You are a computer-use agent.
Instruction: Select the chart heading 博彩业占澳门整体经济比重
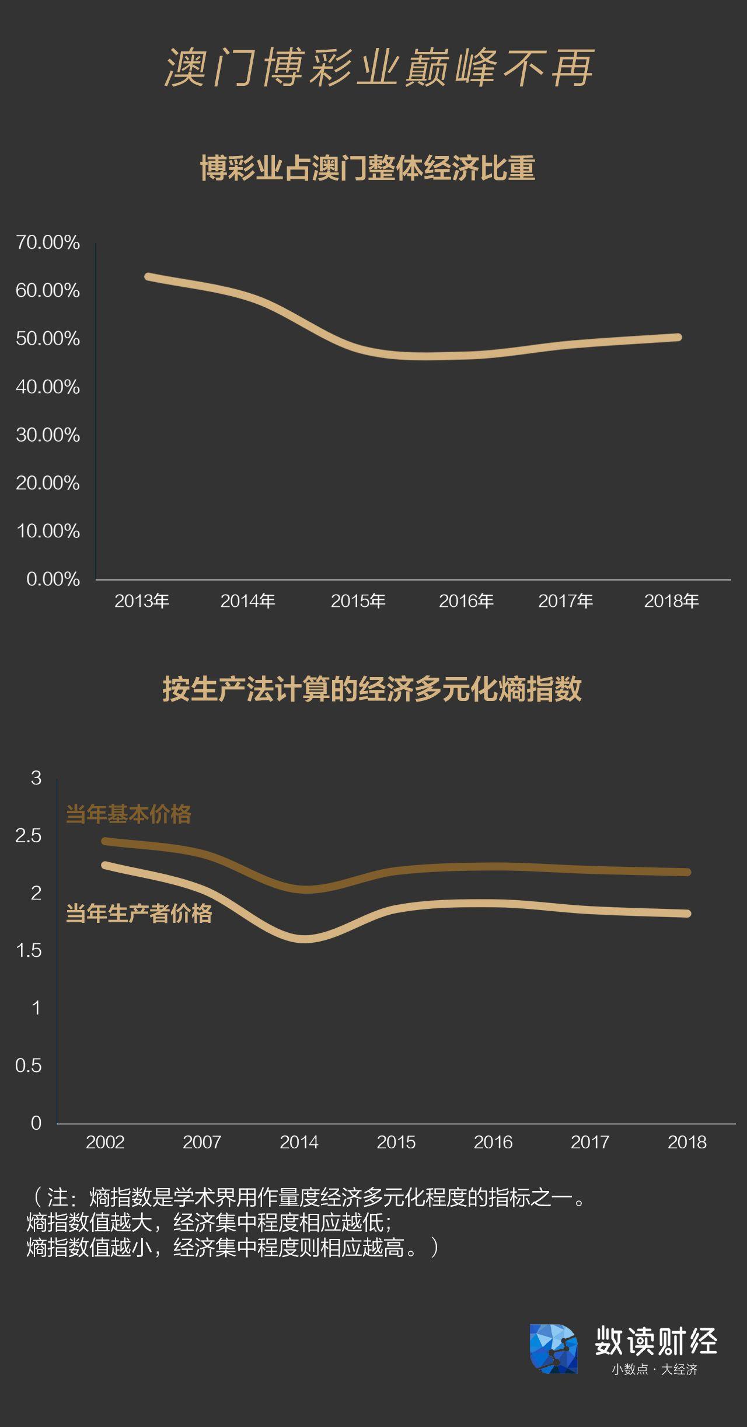click(368, 169)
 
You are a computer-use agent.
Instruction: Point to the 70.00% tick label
click(48, 242)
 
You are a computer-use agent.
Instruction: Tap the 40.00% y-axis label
click(48, 387)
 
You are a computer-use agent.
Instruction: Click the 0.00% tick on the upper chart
click(53, 579)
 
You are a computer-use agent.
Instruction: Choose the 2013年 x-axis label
click(142, 600)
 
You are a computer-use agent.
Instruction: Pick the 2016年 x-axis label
click(466, 600)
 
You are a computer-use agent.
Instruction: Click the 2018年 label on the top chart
click(671, 600)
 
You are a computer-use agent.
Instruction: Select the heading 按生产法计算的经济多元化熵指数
click(372, 689)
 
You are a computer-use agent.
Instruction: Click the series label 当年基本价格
click(128, 814)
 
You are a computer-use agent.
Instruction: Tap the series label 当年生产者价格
click(139, 914)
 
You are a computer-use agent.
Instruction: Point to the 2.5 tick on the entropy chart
click(29, 836)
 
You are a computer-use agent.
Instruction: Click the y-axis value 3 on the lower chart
click(36, 778)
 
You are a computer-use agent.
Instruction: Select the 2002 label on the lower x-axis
click(105, 1142)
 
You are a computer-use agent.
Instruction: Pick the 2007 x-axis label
click(202, 1142)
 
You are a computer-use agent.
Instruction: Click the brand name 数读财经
click(656, 1341)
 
